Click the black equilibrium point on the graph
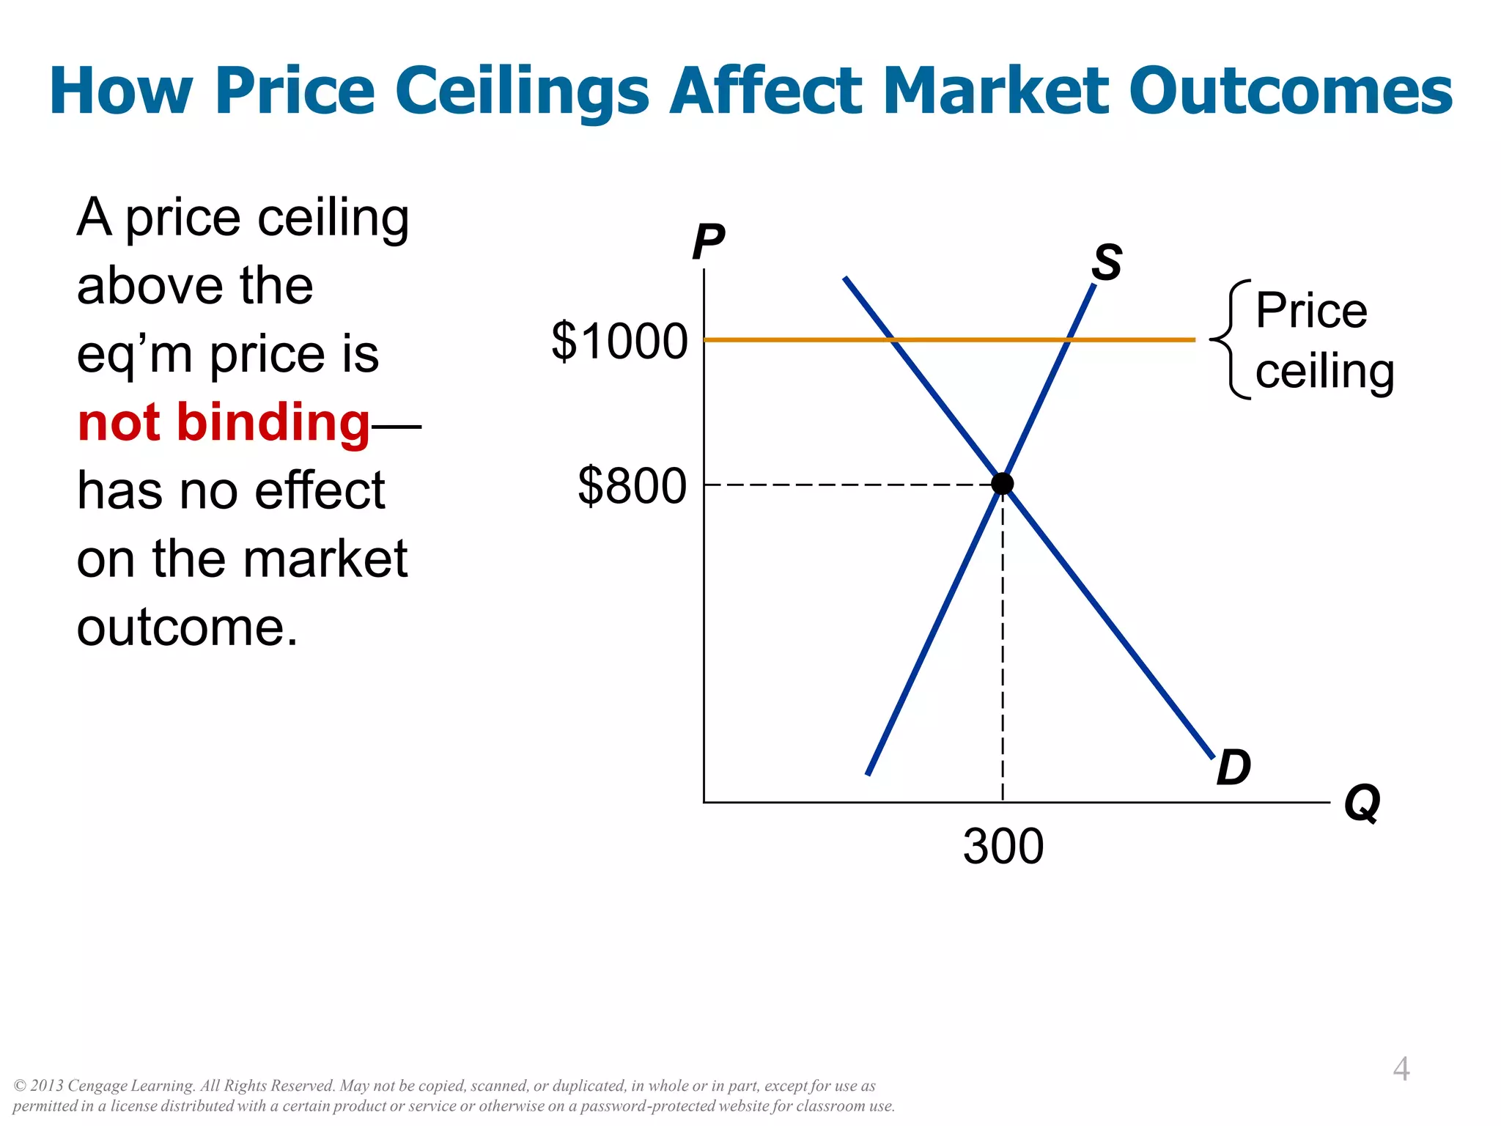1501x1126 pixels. tap(1002, 484)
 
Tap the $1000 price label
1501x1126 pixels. tap(619, 341)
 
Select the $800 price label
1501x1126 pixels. tap(632, 485)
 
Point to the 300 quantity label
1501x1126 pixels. tap(1003, 847)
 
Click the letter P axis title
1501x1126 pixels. tap(708, 242)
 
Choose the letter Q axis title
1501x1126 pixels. tap(1362, 803)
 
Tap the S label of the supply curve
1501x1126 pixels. tap(1107, 262)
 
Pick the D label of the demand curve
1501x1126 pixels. tap(1233, 768)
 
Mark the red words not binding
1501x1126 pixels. tap(224, 423)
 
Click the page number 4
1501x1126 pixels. tap(1401, 1069)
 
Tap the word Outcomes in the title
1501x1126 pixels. tap(1290, 92)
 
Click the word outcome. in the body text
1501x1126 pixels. tap(188, 628)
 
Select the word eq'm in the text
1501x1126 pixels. tap(134, 356)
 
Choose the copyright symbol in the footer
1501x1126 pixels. tap(21, 1086)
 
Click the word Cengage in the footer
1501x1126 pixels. tap(97, 1086)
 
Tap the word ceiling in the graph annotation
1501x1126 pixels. tap(1324, 372)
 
